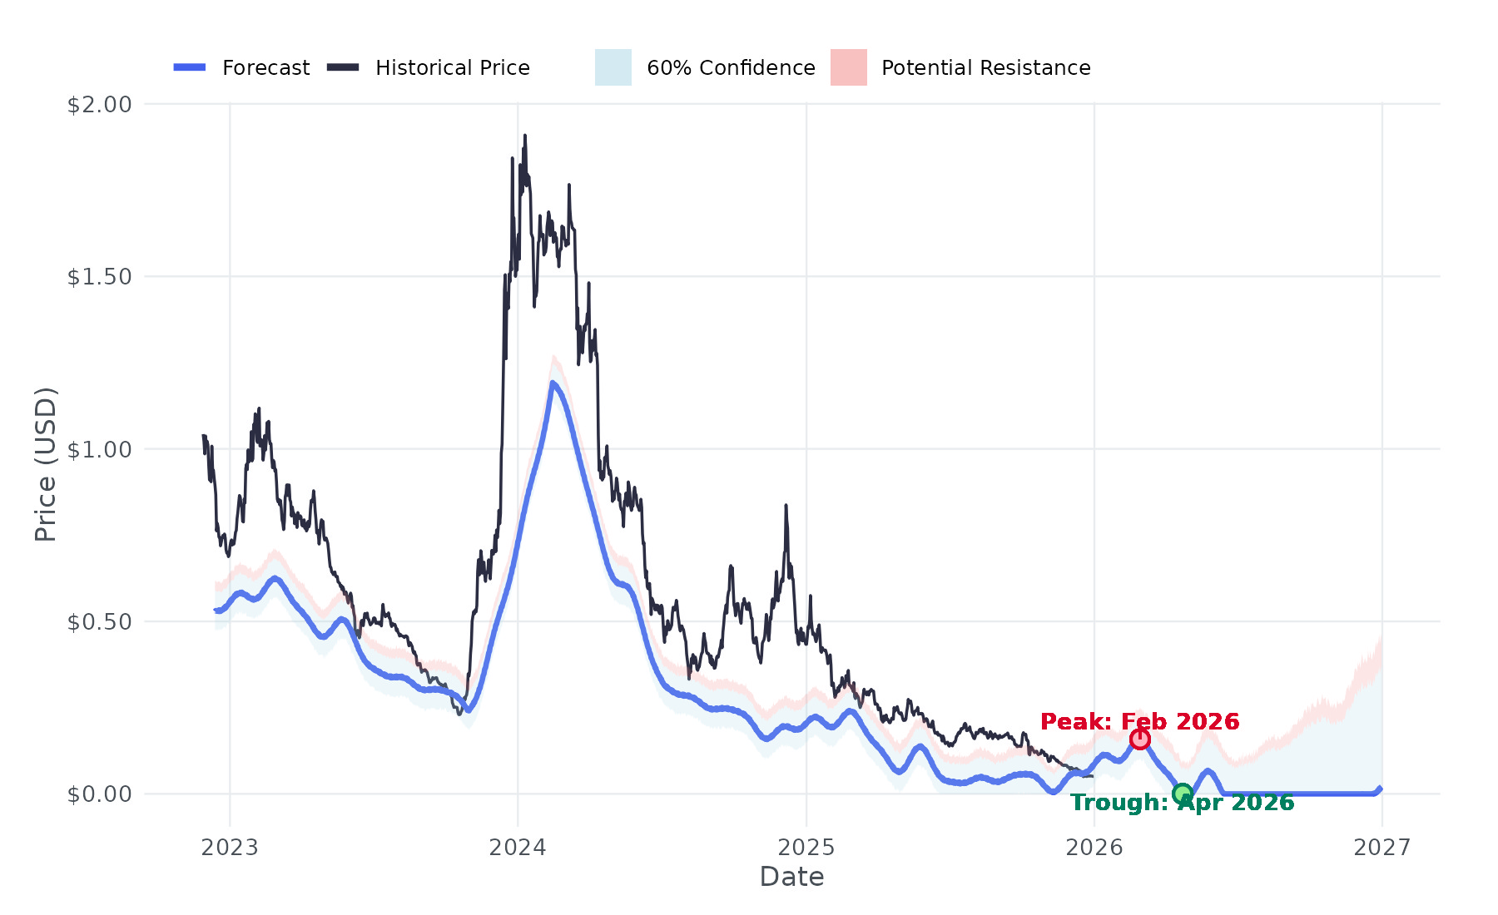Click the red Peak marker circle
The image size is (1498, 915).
(x=1139, y=739)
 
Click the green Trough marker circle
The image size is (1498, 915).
(x=1182, y=794)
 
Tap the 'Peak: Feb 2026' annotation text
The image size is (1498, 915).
(x=1139, y=721)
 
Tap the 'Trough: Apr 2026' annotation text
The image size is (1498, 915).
(x=1182, y=803)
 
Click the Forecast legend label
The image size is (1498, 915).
(x=265, y=68)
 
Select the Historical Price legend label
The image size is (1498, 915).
(x=452, y=68)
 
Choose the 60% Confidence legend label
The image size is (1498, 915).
(x=731, y=68)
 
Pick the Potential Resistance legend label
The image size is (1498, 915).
(x=985, y=68)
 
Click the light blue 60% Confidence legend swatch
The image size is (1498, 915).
(x=613, y=67)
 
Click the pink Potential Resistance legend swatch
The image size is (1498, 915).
(x=849, y=67)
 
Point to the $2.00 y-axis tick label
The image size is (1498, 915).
(x=99, y=105)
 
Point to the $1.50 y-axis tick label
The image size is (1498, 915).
(x=99, y=277)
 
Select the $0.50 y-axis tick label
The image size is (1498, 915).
(x=99, y=622)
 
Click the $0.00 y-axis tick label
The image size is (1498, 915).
(x=99, y=794)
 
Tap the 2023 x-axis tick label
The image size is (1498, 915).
(x=230, y=848)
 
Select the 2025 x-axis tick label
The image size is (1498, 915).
(x=806, y=848)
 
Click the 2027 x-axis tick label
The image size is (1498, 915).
(x=1381, y=848)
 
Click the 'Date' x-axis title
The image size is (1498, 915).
(x=791, y=877)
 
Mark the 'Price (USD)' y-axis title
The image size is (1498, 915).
(x=46, y=464)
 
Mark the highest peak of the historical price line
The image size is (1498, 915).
(x=524, y=136)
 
